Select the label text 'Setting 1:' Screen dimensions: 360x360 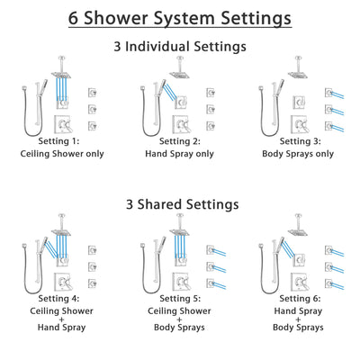click(x=64, y=141)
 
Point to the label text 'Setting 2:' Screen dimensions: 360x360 click(x=179, y=141)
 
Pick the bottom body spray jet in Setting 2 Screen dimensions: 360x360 click(x=210, y=124)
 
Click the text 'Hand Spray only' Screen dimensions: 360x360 click(x=179, y=153)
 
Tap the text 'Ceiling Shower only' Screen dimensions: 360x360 click(x=64, y=153)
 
